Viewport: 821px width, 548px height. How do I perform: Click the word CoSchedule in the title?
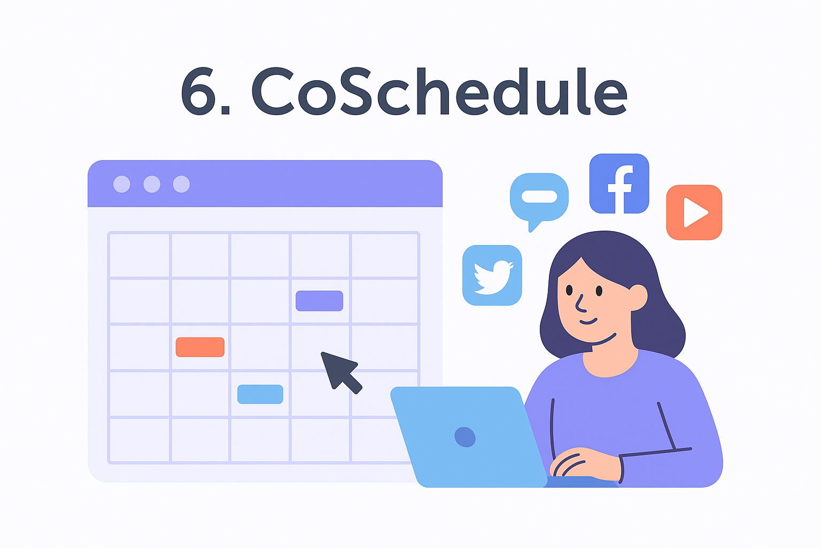coord(438,92)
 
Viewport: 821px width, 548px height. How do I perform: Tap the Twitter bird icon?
coord(492,275)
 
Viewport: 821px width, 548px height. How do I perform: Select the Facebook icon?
coord(619,184)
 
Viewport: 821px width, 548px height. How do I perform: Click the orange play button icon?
coord(694,212)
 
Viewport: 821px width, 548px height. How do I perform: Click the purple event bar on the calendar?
coord(319,301)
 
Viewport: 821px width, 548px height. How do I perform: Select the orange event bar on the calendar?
coord(200,347)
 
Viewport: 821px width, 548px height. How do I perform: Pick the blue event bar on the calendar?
coord(260,394)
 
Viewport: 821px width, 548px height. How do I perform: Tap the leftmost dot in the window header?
coord(122,184)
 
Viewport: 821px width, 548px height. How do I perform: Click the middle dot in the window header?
coord(152,184)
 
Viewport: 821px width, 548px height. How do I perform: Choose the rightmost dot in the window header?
coord(181,184)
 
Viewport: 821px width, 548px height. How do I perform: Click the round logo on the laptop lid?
coord(464,437)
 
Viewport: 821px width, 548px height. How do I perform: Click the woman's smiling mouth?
coord(588,321)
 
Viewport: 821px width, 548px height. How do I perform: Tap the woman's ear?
coord(638,297)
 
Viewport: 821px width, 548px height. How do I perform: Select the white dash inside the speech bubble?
coord(539,197)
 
